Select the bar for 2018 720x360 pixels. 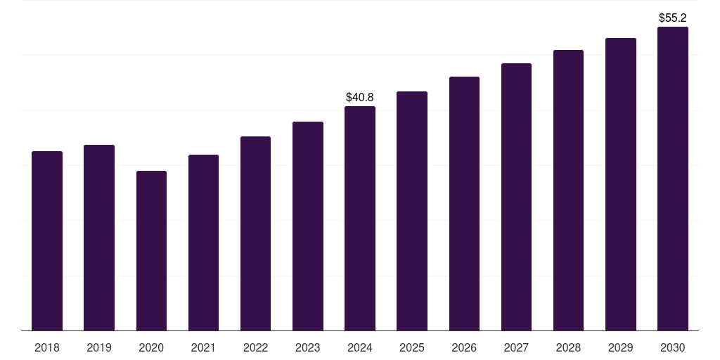[47, 240]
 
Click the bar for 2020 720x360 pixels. [152, 251]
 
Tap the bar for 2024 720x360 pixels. [360, 218]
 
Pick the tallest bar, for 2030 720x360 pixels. [673, 179]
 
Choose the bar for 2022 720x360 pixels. [255, 233]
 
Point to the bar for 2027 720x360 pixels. [516, 197]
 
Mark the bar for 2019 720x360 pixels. [99, 238]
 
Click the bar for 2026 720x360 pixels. [464, 203]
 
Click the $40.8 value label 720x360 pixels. [360, 97]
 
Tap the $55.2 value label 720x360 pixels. [673, 18]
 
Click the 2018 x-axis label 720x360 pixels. [47, 347]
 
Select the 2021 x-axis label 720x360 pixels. [203, 347]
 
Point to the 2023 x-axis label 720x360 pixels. [308, 347]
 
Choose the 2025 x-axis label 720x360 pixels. [412, 347]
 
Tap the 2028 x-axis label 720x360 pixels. [568, 347]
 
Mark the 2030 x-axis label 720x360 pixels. [673, 347]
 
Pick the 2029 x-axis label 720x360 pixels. [621, 347]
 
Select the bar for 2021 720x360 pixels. [203, 243]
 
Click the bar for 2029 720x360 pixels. [621, 184]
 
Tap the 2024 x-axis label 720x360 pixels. [360, 347]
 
